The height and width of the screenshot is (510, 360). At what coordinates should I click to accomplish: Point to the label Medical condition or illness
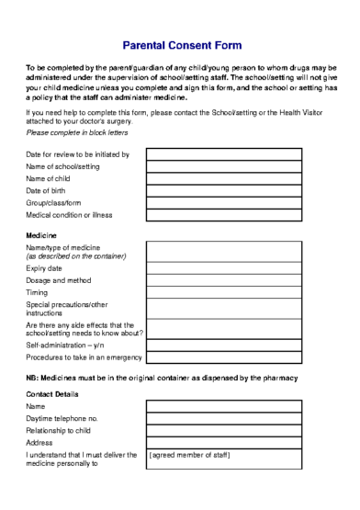[x=70, y=215]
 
